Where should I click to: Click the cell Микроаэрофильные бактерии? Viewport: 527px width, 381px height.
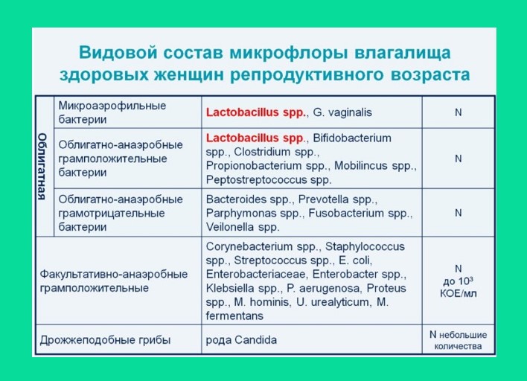coord(112,112)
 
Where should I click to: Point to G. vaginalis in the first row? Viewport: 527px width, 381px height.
coord(342,112)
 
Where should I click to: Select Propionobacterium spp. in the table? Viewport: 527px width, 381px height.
coord(267,165)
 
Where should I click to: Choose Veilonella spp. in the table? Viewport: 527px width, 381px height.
coord(243,226)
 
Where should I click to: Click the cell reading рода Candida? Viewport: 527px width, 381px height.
coord(241,340)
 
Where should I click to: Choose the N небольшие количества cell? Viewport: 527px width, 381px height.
coord(458,340)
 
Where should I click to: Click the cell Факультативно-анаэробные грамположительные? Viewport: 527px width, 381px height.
coord(113,281)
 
